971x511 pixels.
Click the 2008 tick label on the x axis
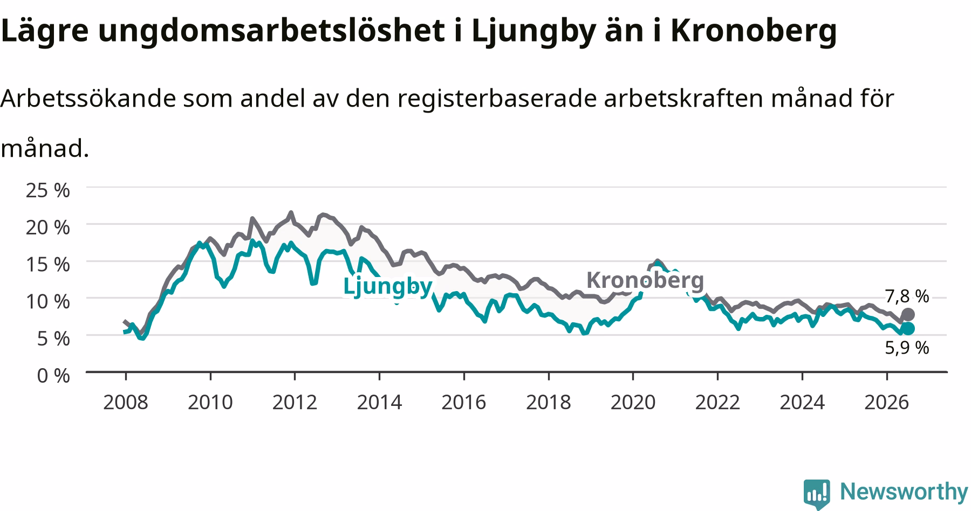[125, 402]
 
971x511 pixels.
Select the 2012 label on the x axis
[295, 402]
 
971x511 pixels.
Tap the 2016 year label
[464, 402]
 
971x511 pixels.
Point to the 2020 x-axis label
[633, 402]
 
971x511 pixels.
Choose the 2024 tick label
[802, 402]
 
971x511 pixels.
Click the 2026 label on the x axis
[887, 402]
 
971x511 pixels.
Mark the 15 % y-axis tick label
[48, 264]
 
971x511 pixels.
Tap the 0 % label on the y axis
[53, 375]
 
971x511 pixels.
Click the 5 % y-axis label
[53, 339]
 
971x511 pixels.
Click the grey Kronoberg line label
[645, 280]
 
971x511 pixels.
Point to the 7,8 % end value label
[907, 296]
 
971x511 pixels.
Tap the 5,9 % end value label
[907, 348]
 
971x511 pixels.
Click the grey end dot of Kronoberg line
[908, 314]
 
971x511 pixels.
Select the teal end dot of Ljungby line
[908, 328]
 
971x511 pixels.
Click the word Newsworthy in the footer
[904, 492]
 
